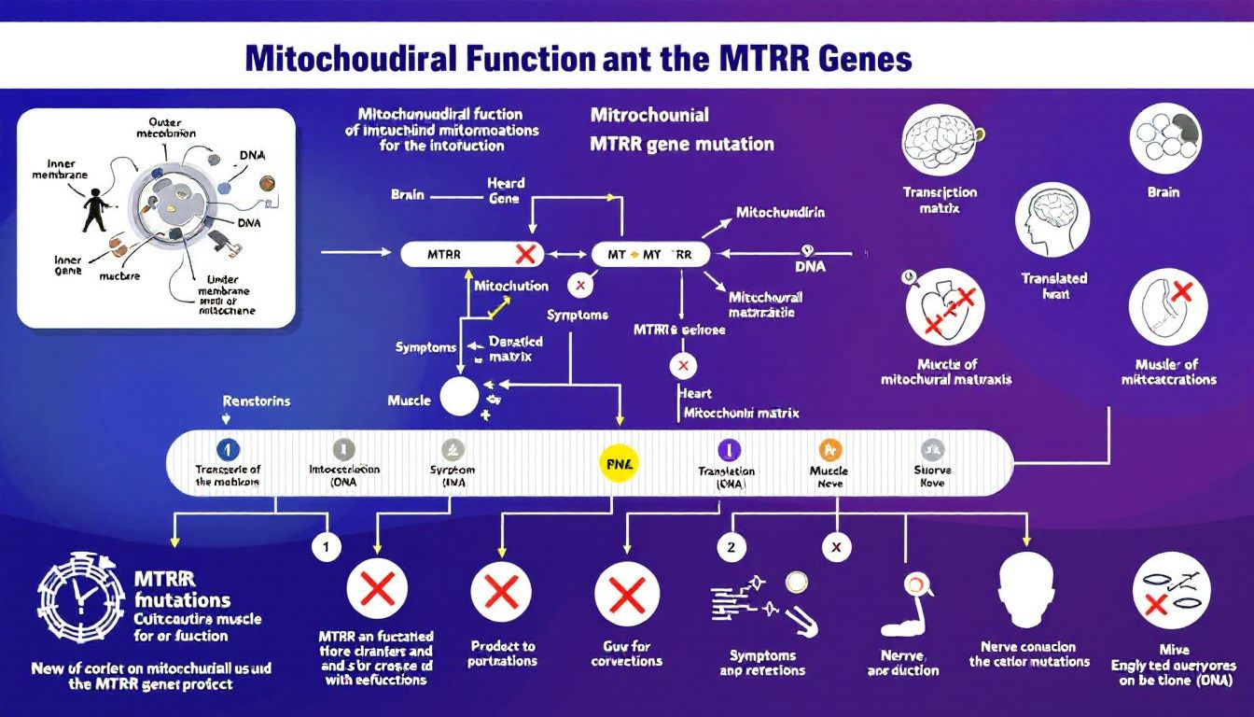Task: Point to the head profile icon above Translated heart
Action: coord(1052,221)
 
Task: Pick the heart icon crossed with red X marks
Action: coord(944,310)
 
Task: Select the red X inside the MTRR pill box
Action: coord(524,253)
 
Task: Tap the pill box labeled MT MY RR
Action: coord(650,254)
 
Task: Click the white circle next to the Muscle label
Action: coord(458,397)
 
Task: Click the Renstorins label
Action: coord(257,401)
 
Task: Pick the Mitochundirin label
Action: coord(780,212)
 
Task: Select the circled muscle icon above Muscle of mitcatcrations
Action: coord(1168,307)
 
